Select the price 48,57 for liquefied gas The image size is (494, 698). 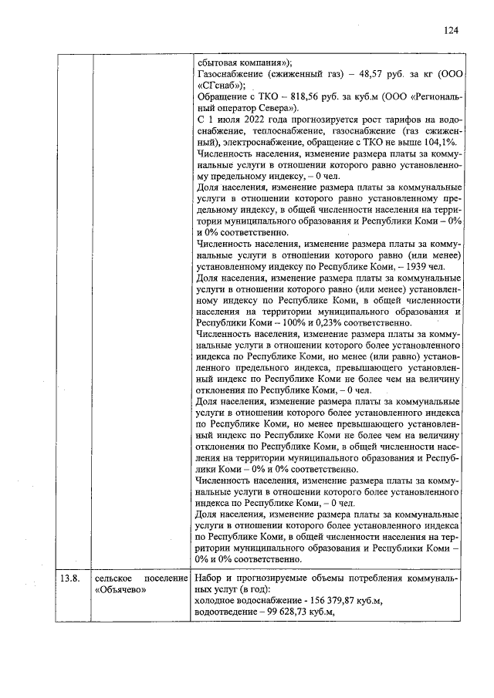coord(360,75)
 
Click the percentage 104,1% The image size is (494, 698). coord(445,143)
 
